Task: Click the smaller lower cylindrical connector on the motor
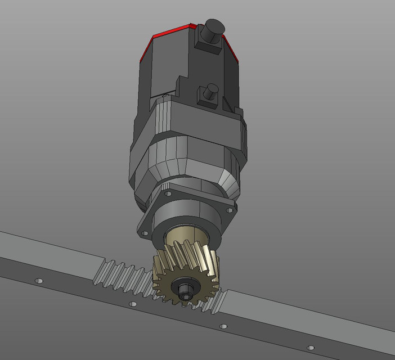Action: point(211,90)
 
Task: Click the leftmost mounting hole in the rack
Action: point(39,280)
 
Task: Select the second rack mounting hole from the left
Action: point(133,304)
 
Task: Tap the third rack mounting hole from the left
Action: point(223,326)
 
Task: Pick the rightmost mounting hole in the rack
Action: point(309,348)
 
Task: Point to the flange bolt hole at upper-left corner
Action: point(167,193)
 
